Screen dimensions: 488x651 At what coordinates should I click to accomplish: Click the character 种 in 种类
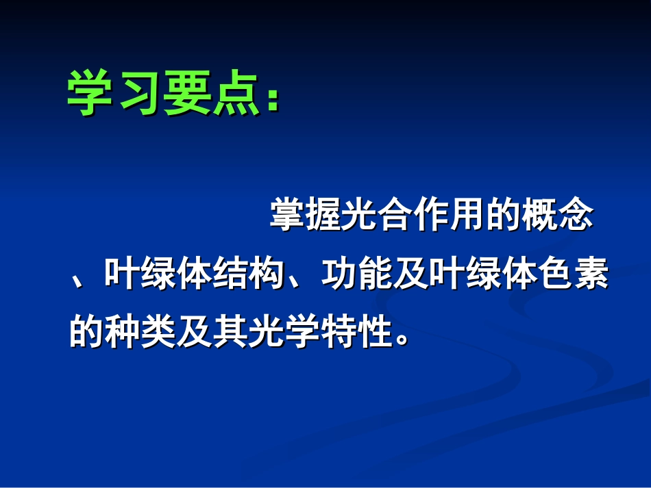click(x=123, y=333)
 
